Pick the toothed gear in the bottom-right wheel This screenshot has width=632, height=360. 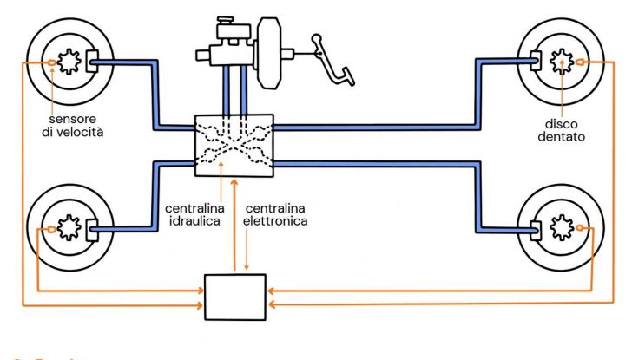(x=562, y=229)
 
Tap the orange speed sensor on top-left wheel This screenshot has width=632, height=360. (x=54, y=62)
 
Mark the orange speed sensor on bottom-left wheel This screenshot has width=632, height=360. (x=54, y=229)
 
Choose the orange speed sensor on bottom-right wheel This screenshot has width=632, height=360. (x=579, y=229)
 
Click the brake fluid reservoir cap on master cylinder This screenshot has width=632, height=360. (x=227, y=19)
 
